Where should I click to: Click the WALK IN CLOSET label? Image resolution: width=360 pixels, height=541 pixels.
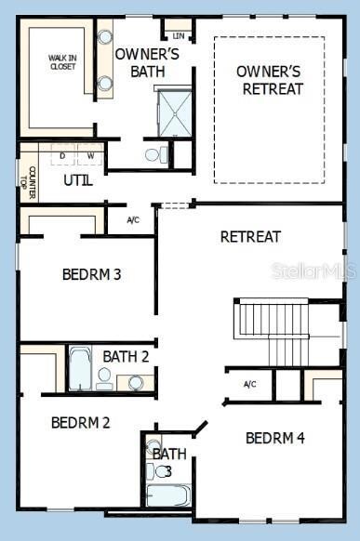pos(63,62)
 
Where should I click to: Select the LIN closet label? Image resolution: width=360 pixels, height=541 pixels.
pos(179,35)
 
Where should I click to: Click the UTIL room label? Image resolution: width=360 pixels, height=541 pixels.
pos(78,180)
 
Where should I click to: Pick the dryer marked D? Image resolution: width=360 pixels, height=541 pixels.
pos(63,155)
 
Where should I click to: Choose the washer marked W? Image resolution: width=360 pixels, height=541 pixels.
pos(91,155)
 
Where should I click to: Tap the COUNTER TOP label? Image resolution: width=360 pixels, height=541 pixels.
pos(28,176)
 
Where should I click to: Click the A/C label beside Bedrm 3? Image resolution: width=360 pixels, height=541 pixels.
pos(133,220)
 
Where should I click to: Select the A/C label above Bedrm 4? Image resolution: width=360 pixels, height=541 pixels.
pos(249,384)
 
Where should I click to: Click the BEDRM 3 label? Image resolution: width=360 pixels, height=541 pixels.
pos(92,274)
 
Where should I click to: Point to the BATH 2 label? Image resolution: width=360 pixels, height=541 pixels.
pos(126,356)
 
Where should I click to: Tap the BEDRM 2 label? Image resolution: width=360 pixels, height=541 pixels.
pos(81,422)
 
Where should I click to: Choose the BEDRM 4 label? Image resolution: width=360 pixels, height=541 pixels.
pos(275,438)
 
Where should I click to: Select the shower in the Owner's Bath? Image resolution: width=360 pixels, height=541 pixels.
pos(173,111)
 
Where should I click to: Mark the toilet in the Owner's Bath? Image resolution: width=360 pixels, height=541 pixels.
pos(154,154)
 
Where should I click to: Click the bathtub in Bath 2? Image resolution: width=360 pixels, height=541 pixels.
pos(80,369)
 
